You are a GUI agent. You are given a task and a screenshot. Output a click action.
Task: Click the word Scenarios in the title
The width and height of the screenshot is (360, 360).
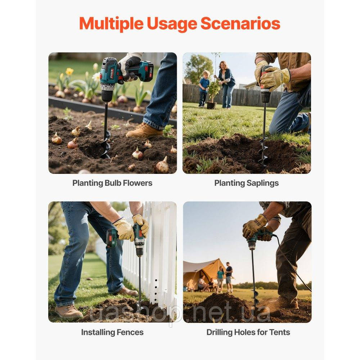point(240,23)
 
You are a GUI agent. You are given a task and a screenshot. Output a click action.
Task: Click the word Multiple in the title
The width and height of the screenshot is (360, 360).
point(111,24)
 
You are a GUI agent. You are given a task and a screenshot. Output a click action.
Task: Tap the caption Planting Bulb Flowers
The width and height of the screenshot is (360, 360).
point(112,183)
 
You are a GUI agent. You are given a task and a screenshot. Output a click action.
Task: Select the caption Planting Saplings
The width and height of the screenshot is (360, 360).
point(246,183)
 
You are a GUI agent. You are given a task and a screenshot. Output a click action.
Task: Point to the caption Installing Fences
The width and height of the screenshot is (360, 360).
point(112,332)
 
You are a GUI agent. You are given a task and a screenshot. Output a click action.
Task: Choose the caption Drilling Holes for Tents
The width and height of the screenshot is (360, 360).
point(248,332)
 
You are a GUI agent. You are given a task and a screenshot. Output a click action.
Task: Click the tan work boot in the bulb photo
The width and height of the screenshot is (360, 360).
point(144,130)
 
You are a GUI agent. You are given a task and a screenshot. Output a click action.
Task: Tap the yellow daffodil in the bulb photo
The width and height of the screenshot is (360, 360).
point(69,71)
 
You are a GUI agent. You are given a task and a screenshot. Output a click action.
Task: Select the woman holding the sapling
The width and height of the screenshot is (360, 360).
point(226,84)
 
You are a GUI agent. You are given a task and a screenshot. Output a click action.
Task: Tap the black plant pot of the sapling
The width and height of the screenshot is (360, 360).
point(211,105)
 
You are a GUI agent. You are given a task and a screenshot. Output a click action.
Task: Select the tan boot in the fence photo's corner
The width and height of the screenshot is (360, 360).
point(68,311)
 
